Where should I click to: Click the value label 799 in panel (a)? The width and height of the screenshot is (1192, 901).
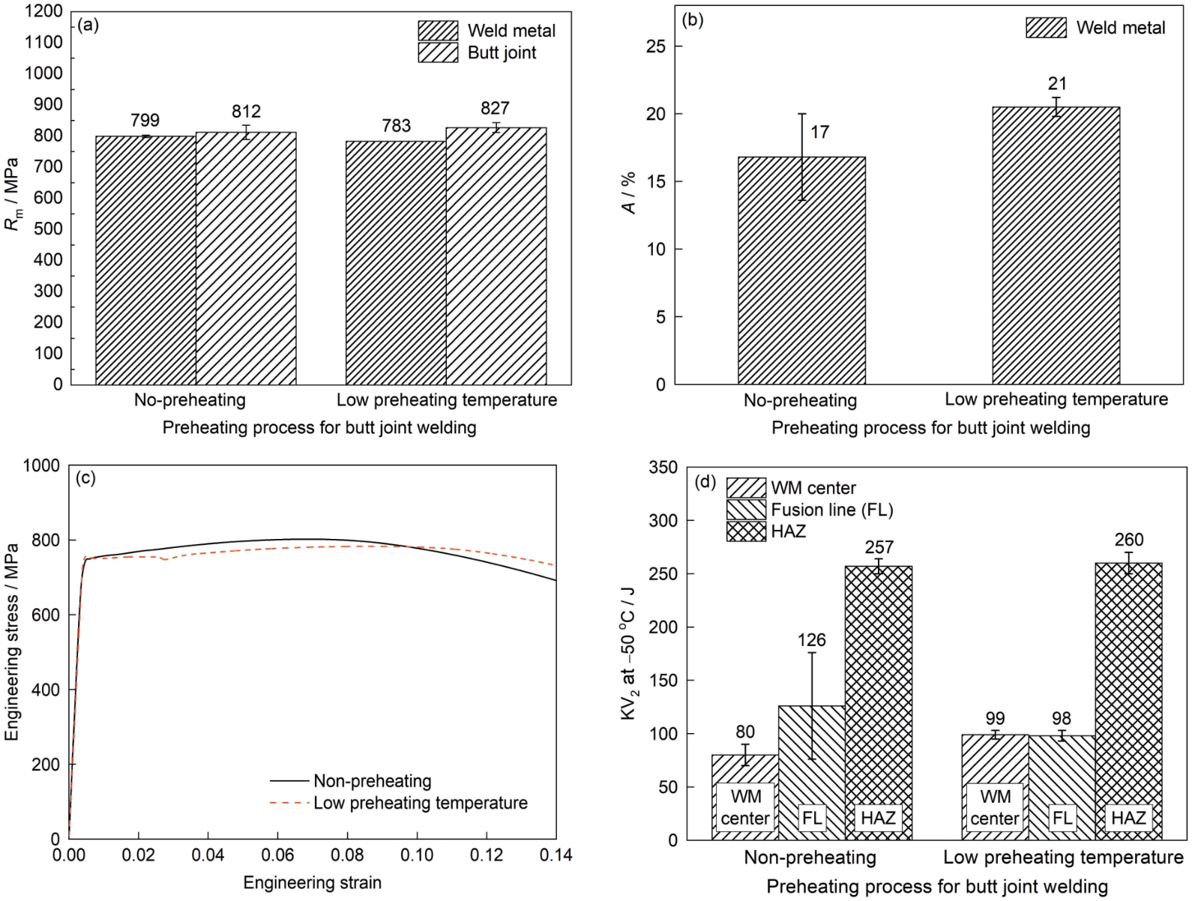click(x=145, y=120)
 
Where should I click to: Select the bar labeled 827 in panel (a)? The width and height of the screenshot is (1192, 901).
click(x=496, y=255)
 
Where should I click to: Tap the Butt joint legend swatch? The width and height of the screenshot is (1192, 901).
click(x=438, y=52)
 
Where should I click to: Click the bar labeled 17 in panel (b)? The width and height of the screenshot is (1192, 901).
click(x=801, y=270)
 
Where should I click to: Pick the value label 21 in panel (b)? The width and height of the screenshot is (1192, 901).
click(x=1057, y=84)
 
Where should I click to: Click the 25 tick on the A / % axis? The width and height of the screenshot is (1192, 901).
click(x=655, y=46)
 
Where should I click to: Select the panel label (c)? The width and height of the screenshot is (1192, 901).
click(x=87, y=477)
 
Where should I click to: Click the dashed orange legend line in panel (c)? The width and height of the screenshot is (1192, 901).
click(x=289, y=803)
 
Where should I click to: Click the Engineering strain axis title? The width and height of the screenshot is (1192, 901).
click(x=312, y=882)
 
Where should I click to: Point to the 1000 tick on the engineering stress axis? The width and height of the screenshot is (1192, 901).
click(x=42, y=465)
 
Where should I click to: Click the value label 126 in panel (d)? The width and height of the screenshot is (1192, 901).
click(x=812, y=640)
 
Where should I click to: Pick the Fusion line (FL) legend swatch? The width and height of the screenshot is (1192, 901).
click(x=746, y=510)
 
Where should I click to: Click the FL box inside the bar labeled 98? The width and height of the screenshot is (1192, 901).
click(x=1062, y=818)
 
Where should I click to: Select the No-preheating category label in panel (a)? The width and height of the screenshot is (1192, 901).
click(x=190, y=400)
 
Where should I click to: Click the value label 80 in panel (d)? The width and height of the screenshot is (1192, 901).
click(x=745, y=732)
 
